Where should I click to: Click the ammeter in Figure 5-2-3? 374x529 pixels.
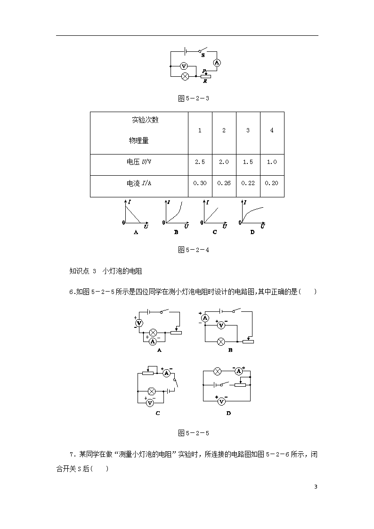[x=217, y=62]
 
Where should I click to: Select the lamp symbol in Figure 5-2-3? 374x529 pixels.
[x=185, y=77]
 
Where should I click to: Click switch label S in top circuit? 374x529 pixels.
[x=203, y=55]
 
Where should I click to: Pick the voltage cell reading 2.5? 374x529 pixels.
[x=200, y=162]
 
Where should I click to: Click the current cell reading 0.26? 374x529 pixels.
[x=224, y=183]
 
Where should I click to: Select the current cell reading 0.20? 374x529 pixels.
[x=272, y=183]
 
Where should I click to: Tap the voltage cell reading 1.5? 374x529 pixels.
[x=248, y=162]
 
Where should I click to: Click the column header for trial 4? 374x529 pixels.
[x=272, y=130]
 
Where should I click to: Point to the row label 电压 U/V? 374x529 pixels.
[x=139, y=162]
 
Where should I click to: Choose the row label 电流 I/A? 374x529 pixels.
[x=139, y=183]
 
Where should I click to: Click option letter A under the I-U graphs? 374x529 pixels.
[x=136, y=232]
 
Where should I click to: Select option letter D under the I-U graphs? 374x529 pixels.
[x=252, y=232]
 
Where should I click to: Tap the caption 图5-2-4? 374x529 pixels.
[x=194, y=250]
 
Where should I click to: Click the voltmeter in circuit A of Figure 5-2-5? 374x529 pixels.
[x=139, y=323]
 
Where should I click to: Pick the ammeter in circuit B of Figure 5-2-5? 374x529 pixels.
[x=205, y=318]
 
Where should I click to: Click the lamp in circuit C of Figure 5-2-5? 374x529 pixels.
[x=152, y=391]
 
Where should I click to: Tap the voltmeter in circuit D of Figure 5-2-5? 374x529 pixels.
[x=221, y=401]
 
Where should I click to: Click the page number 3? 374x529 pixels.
[x=316, y=487]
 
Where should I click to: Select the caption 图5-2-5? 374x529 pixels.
[x=194, y=433]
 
